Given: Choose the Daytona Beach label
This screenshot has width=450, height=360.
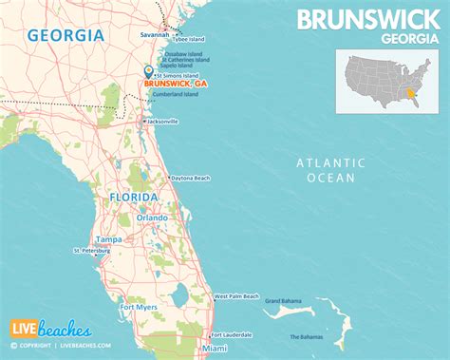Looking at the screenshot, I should [x=192, y=178].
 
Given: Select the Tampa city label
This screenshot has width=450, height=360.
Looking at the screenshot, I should [x=106, y=238].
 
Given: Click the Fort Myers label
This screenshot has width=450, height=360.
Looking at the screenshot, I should [x=138, y=306].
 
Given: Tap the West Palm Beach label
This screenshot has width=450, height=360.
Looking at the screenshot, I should [x=236, y=296].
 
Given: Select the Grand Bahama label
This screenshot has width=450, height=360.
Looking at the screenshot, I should [x=283, y=301].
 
